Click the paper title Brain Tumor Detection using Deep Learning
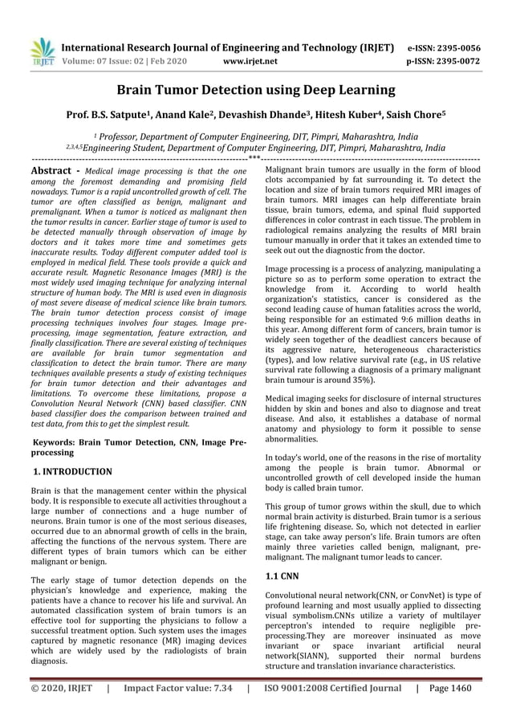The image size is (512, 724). pyautogui.click(x=256, y=90)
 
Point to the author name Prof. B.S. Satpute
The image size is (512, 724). pyautogui.click(x=110, y=117)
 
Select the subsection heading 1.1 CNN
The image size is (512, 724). pyautogui.click(x=281, y=576)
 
